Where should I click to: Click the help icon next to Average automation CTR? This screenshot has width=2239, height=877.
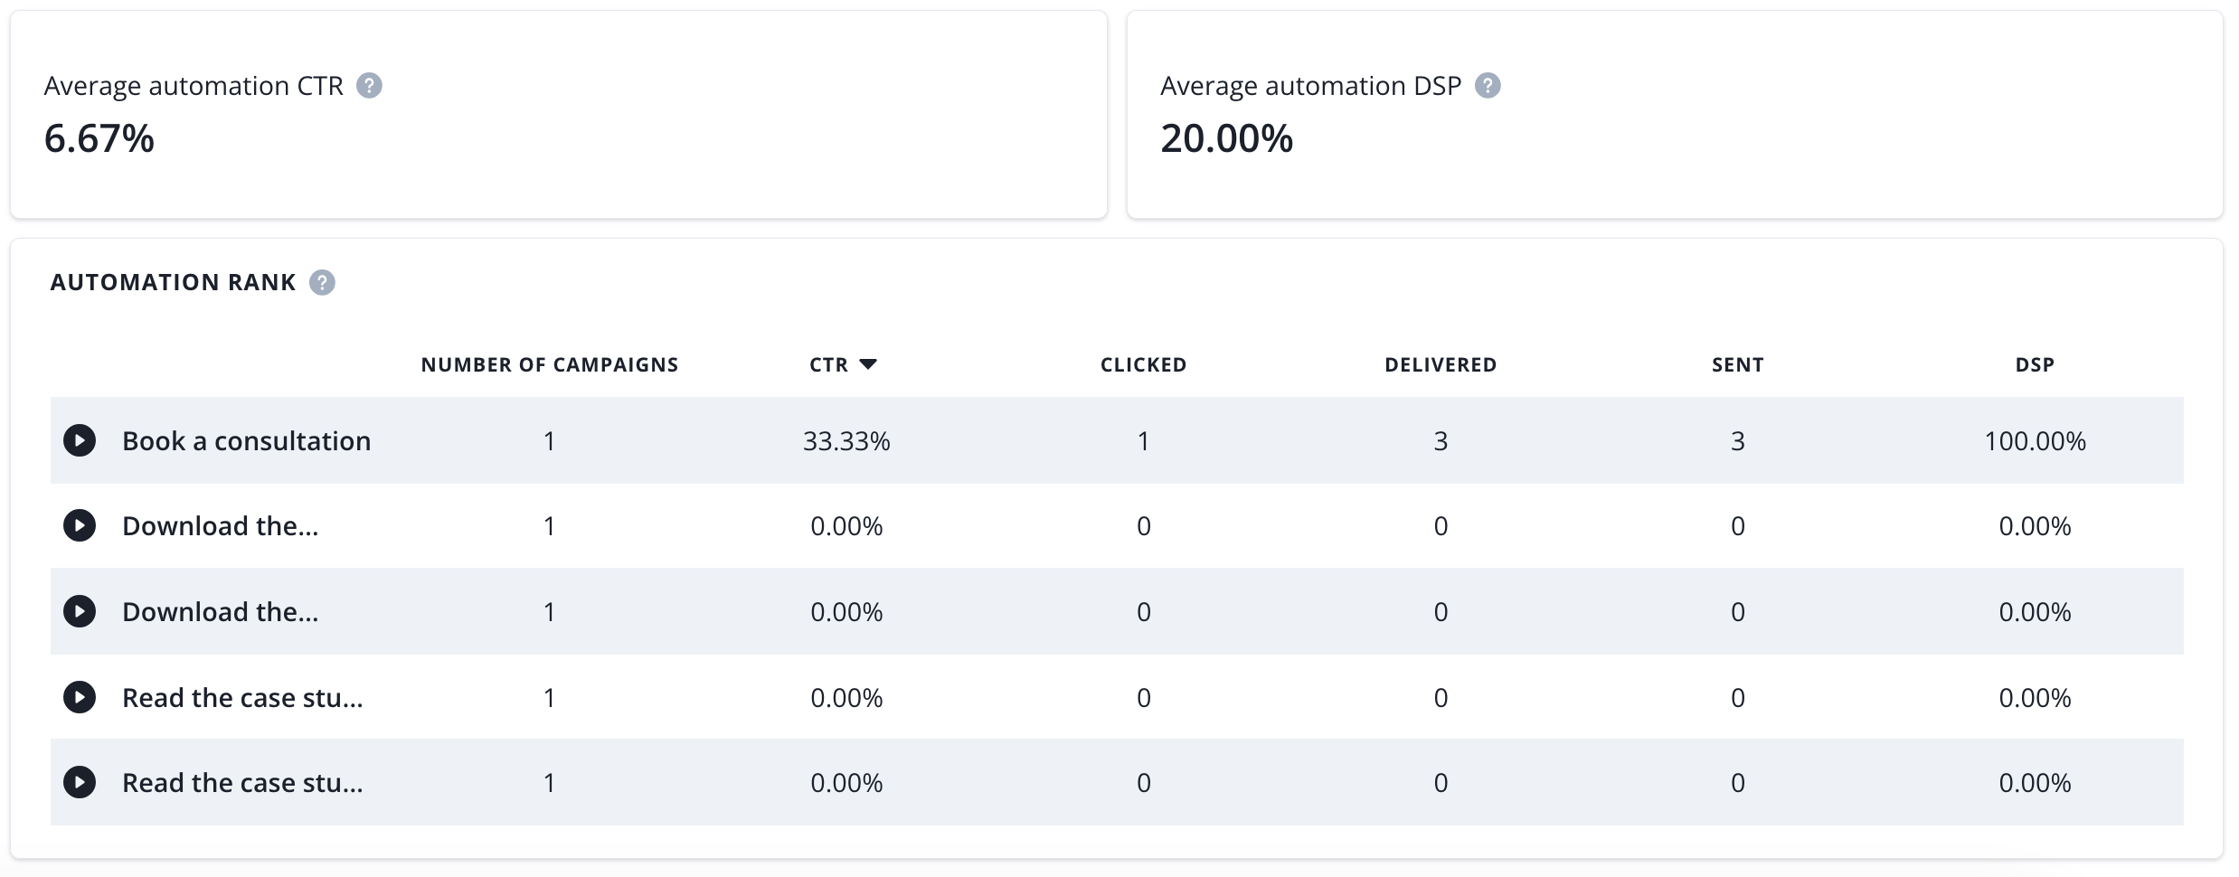coord(369,86)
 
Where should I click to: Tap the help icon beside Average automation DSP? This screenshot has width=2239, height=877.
coord(1488,86)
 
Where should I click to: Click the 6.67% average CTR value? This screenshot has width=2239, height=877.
coord(99,139)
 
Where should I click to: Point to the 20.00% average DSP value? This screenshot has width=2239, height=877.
coord(1226,139)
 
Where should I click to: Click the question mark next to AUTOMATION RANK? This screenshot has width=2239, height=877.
coord(322,283)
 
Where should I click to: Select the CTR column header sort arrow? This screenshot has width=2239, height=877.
coord(868,364)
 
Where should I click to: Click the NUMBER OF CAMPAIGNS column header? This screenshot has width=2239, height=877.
coord(549,364)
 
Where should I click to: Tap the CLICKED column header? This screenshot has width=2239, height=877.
coord(1143,364)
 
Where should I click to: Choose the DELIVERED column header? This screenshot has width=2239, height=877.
coord(1441,364)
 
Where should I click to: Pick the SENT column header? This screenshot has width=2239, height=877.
coord(1737,364)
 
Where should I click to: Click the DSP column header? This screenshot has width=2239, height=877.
coord(2035,364)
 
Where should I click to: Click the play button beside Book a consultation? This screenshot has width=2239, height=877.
coord(80,441)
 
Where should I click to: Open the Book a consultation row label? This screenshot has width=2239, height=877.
coord(246,441)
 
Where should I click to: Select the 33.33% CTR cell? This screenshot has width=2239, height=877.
coord(846,441)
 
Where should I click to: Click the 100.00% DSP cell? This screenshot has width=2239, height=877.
coord(2035,441)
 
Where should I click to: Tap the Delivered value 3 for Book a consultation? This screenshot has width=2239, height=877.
coord(1441,441)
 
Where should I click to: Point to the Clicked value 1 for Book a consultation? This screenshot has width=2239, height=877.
coord(1143,441)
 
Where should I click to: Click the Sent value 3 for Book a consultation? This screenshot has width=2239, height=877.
coord(1737,441)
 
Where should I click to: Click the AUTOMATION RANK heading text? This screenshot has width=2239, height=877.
coord(173,283)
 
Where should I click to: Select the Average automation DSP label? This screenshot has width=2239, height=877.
coord(1310,86)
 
